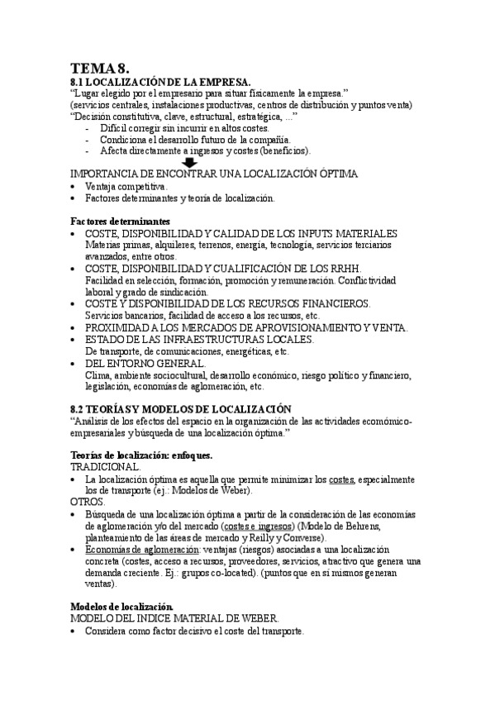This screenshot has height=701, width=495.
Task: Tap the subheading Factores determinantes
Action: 120,222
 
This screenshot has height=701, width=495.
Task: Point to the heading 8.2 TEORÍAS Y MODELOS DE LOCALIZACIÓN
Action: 181,408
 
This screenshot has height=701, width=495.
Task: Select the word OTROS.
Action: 88,502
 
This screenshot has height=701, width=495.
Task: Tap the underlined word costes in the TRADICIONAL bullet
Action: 340,479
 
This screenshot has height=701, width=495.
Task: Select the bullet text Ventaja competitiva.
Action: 126,187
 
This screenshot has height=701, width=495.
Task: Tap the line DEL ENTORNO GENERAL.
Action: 146,362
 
